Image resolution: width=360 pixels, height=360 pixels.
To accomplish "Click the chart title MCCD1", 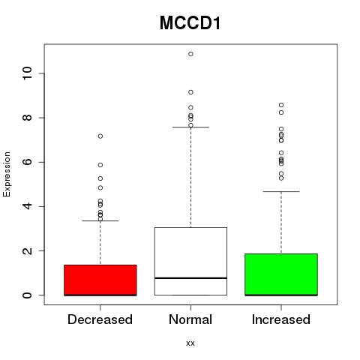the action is (x=190, y=23).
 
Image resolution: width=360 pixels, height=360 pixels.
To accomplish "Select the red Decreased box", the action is (x=100, y=280).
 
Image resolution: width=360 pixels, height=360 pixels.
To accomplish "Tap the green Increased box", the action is (x=281, y=274).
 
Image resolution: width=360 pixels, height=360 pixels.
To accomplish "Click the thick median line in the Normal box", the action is (x=190, y=277).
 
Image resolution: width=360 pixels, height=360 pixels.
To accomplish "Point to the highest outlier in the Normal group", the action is (x=190, y=54).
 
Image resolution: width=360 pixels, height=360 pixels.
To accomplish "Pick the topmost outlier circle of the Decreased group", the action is (x=100, y=136).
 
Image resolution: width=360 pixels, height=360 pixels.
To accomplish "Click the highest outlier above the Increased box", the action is (x=281, y=105).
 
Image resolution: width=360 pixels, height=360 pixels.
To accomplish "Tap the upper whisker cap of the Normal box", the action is (x=190, y=127).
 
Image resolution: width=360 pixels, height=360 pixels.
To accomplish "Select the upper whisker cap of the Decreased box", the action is (x=100, y=220).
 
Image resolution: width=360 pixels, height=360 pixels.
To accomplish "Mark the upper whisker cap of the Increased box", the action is (x=281, y=191).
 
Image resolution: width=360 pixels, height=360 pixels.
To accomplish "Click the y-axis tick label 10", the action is (x=28, y=73).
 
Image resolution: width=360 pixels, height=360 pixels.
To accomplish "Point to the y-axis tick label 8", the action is (x=28, y=118).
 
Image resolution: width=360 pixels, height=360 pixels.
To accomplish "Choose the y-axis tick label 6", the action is (x=28, y=162).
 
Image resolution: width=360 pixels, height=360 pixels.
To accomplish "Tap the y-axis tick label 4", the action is (x=28, y=206).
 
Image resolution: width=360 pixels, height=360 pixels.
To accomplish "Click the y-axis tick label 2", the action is (x=28, y=250).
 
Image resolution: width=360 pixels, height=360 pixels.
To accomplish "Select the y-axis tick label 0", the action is (x=28, y=295).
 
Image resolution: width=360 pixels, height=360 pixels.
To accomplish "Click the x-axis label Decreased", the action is (x=100, y=319).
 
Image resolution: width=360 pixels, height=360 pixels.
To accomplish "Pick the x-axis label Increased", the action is (x=281, y=319).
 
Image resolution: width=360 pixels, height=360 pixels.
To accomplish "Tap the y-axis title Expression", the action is (x=7, y=174).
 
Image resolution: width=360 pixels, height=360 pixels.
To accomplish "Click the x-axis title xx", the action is (x=190, y=343).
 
